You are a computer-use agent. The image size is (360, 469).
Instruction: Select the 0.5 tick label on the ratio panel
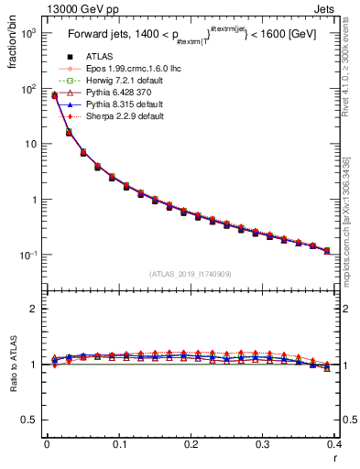[x=34, y=420]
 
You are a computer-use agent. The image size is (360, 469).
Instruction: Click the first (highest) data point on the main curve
[x=54, y=95]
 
